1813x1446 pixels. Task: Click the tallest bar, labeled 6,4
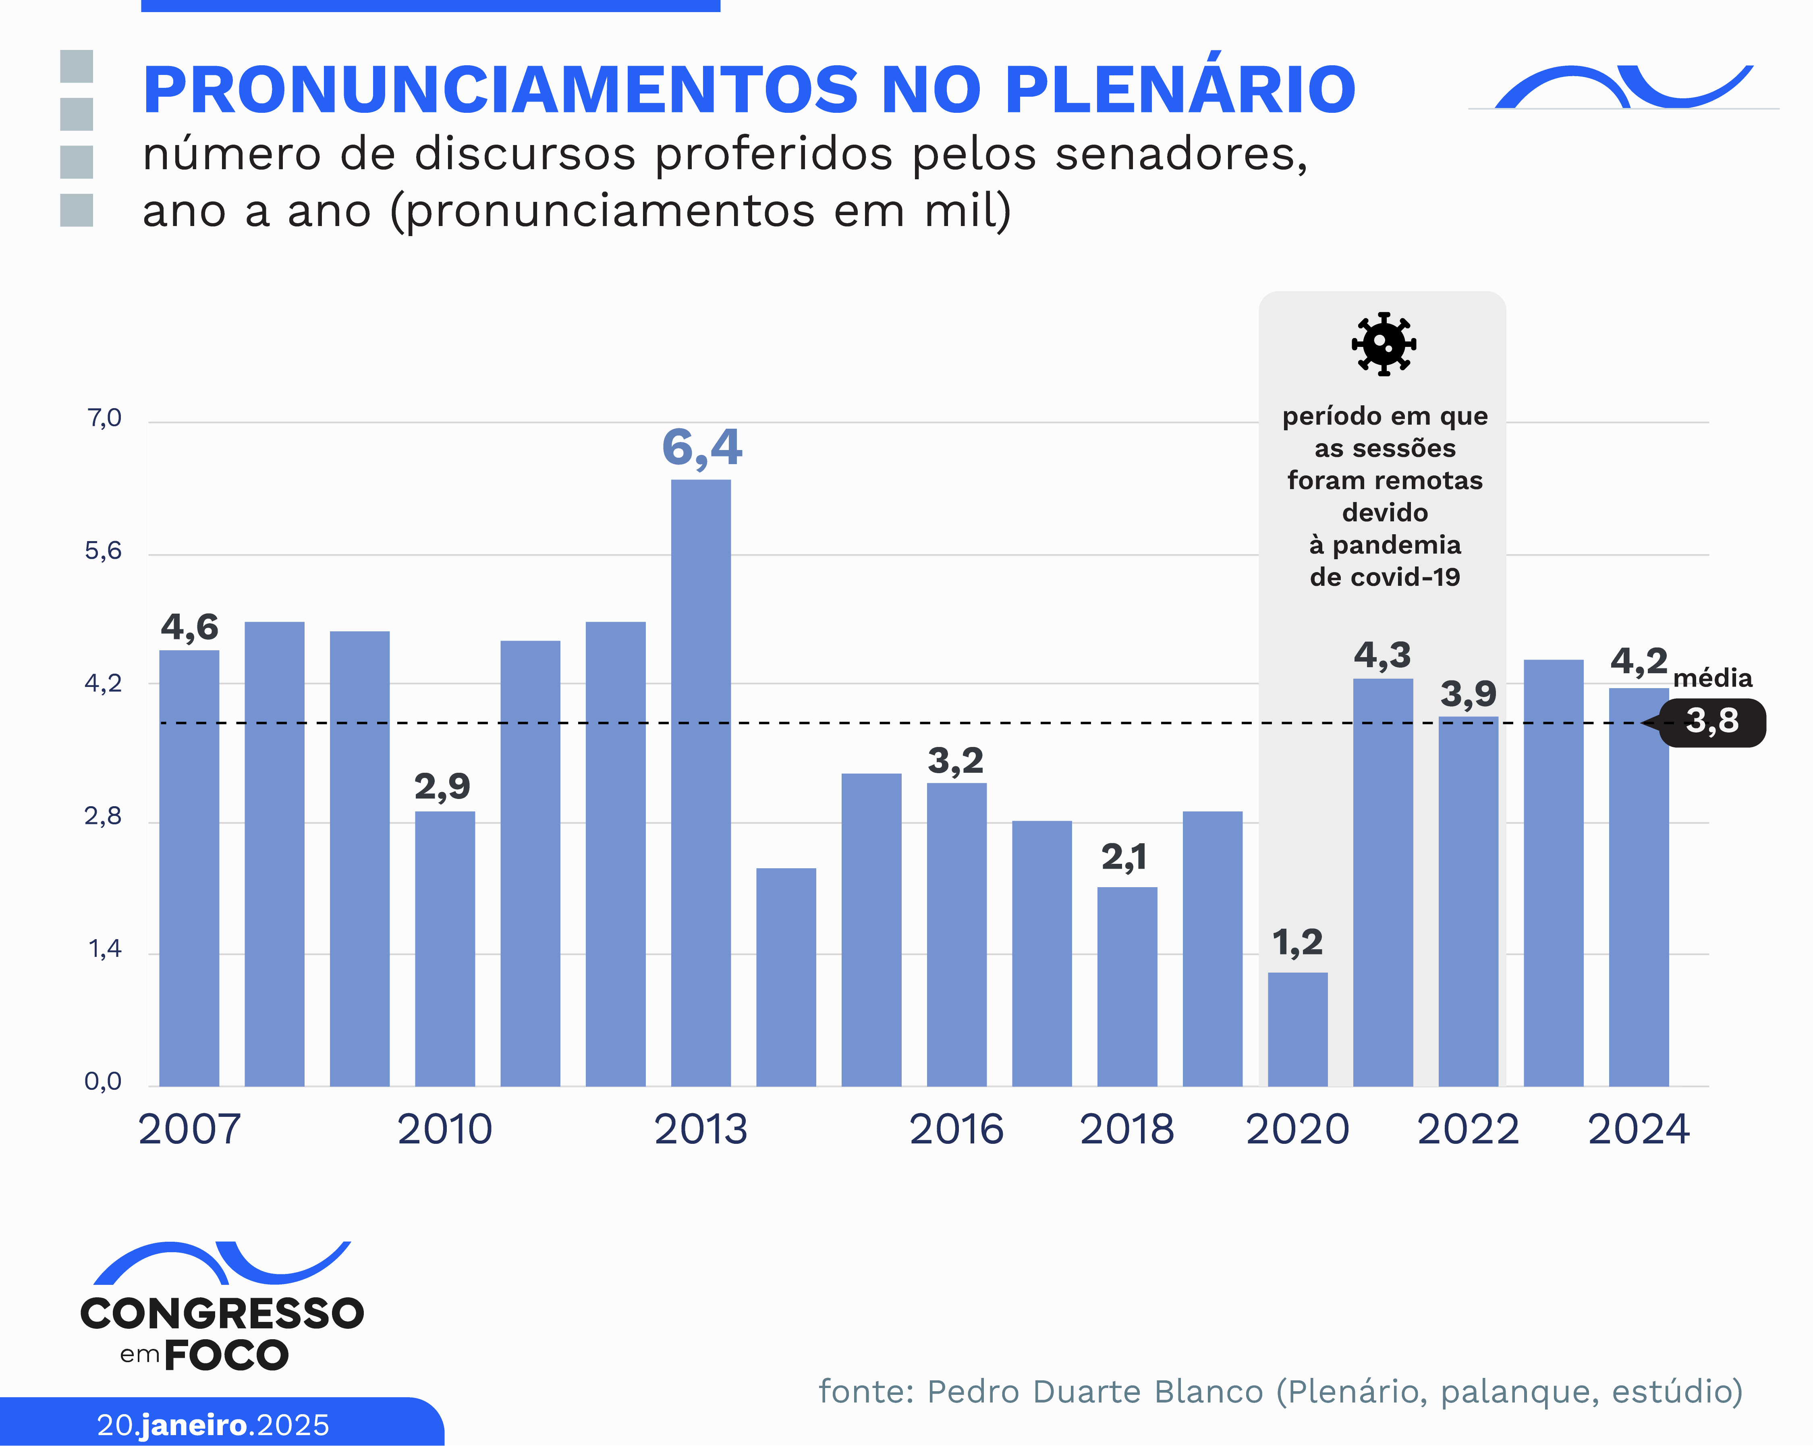tap(701, 782)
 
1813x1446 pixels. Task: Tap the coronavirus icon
tap(1383, 344)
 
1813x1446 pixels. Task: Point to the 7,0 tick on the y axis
tap(104, 418)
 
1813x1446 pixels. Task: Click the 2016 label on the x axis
tap(956, 1129)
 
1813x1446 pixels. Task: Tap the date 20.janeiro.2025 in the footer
tap(213, 1425)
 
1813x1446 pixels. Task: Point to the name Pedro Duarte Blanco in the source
tap(1095, 1391)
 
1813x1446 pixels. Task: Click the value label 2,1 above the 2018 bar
tap(1124, 857)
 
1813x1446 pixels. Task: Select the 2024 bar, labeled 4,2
tap(1638, 887)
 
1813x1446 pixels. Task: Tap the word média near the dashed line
tap(1712, 678)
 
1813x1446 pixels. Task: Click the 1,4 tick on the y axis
tap(104, 949)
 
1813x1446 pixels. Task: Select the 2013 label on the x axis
tap(701, 1129)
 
